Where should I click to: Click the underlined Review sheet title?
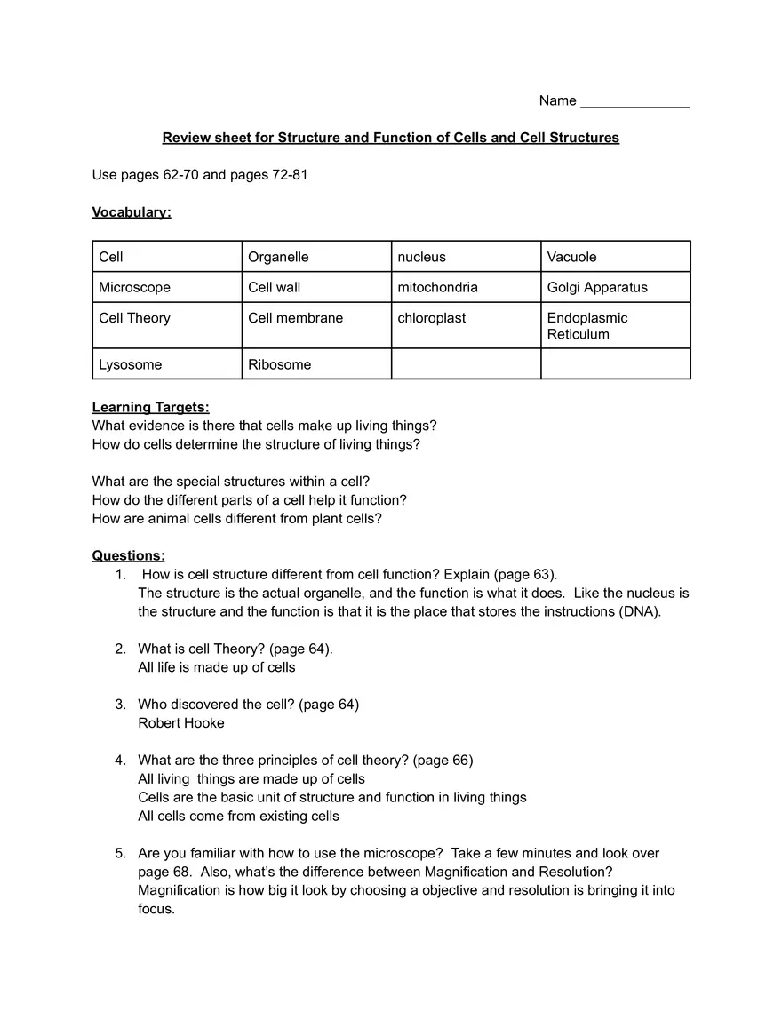[x=390, y=138]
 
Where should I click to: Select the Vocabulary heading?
[x=132, y=212]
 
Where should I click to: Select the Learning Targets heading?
[x=150, y=407]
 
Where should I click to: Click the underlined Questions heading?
[x=128, y=555]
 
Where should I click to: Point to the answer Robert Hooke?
[x=180, y=723]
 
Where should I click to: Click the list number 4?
[x=120, y=761]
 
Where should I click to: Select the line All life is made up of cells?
[x=216, y=667]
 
